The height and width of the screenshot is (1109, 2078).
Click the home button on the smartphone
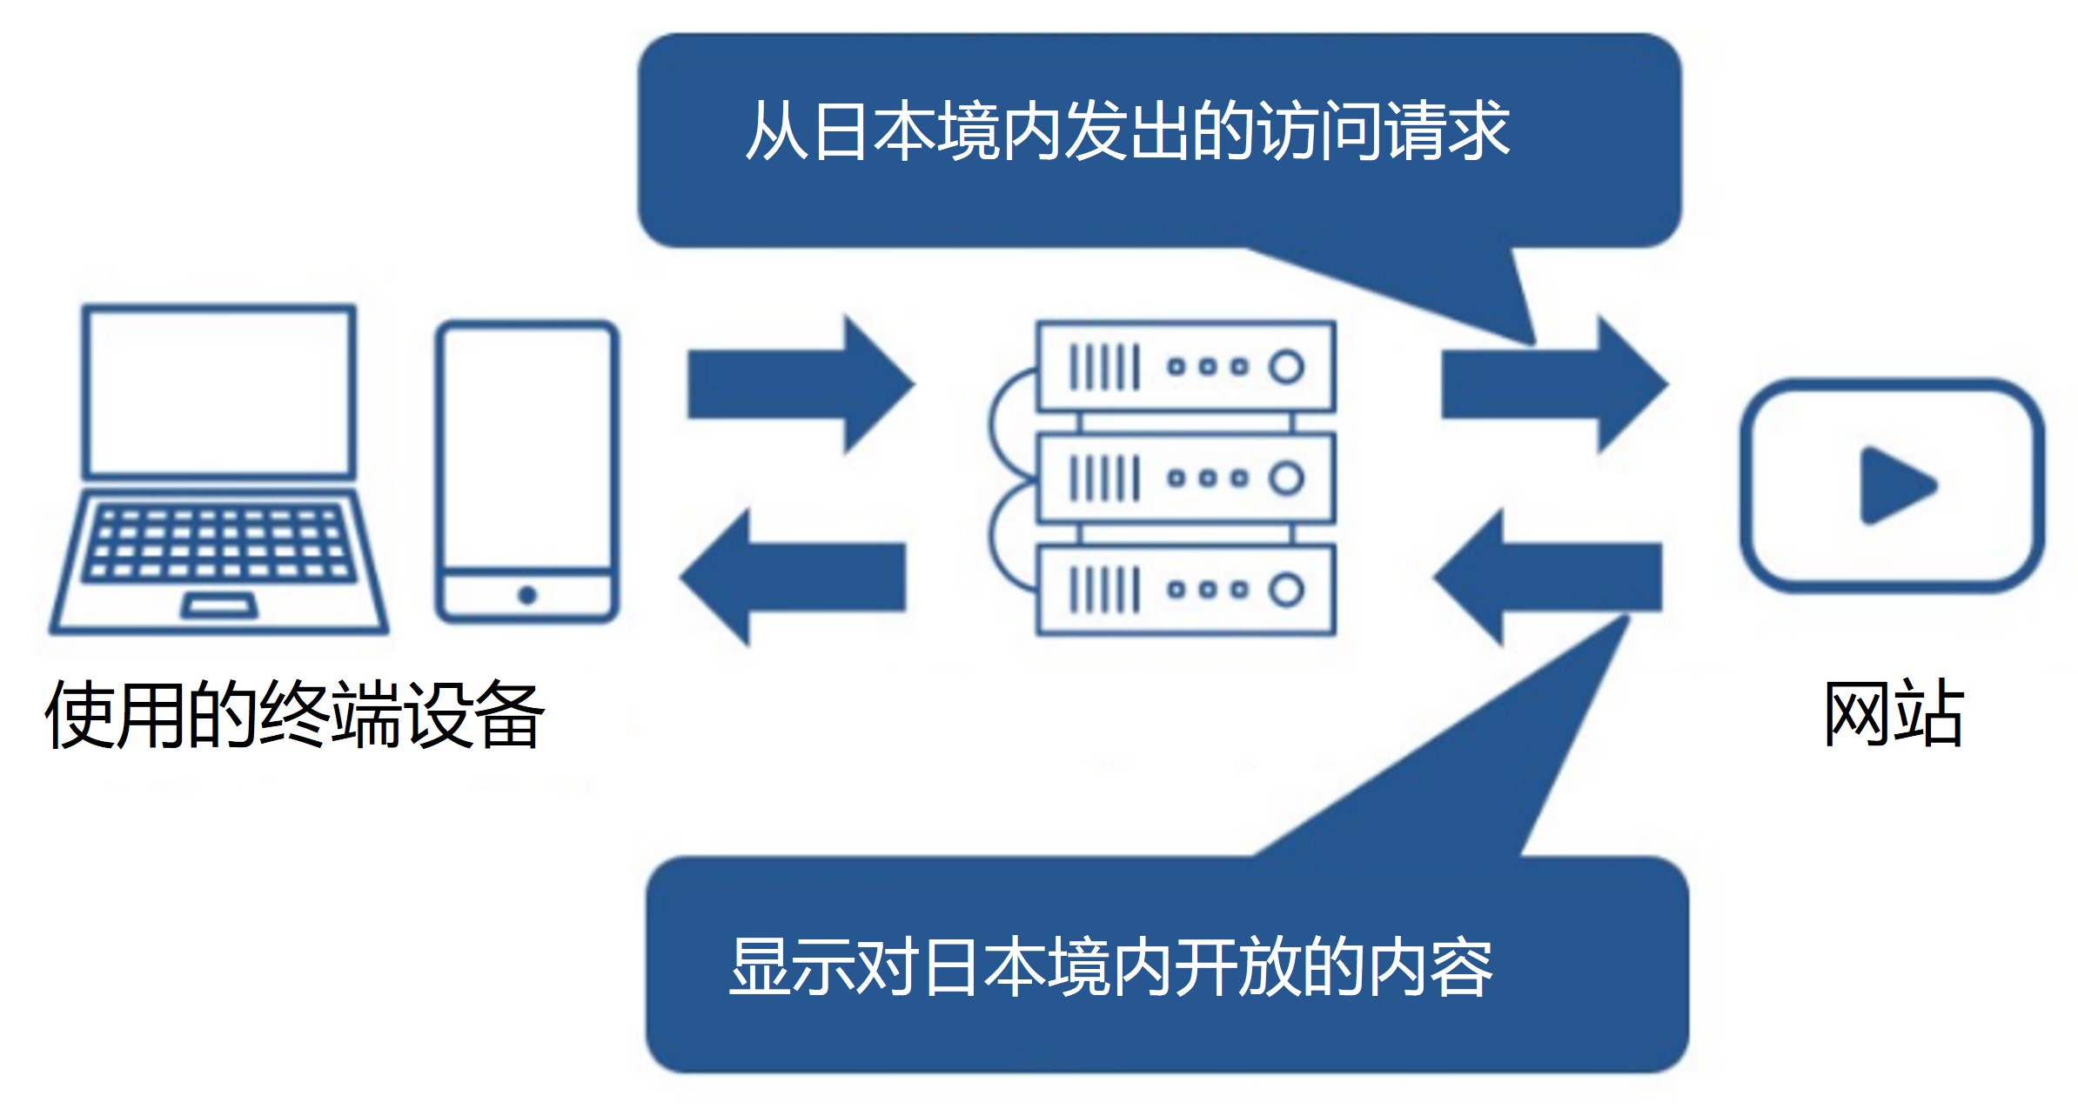pos(527,596)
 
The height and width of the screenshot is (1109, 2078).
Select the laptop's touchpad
pos(219,605)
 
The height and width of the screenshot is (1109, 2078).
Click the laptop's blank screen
pos(219,391)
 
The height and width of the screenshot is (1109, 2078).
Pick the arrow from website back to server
pos(1549,577)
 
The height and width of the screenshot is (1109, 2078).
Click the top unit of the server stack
pos(1186,366)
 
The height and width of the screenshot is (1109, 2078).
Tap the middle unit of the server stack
pos(1186,478)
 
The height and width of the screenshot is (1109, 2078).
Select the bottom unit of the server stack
pos(1186,590)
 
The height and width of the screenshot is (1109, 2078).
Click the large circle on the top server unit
pos(1286,366)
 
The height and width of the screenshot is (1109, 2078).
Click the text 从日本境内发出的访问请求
pos(1127,130)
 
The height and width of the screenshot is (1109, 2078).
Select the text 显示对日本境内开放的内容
pos(1111,967)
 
